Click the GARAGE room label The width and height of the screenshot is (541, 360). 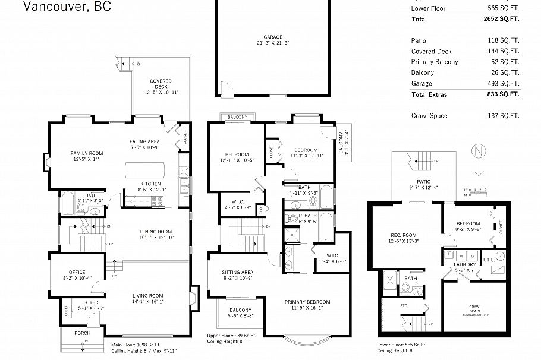tap(273, 37)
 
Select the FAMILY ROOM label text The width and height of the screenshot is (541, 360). tap(87, 153)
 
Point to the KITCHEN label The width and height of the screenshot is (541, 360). tap(150, 183)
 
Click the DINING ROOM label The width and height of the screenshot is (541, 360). tap(156, 232)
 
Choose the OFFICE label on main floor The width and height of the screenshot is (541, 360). tap(77, 272)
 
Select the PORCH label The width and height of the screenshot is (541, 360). tap(83, 333)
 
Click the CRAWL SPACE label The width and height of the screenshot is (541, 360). tap(476, 309)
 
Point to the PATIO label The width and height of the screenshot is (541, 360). tap(423, 182)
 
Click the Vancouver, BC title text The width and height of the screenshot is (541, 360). tap(66, 7)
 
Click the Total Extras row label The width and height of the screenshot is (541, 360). tap(429, 94)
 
